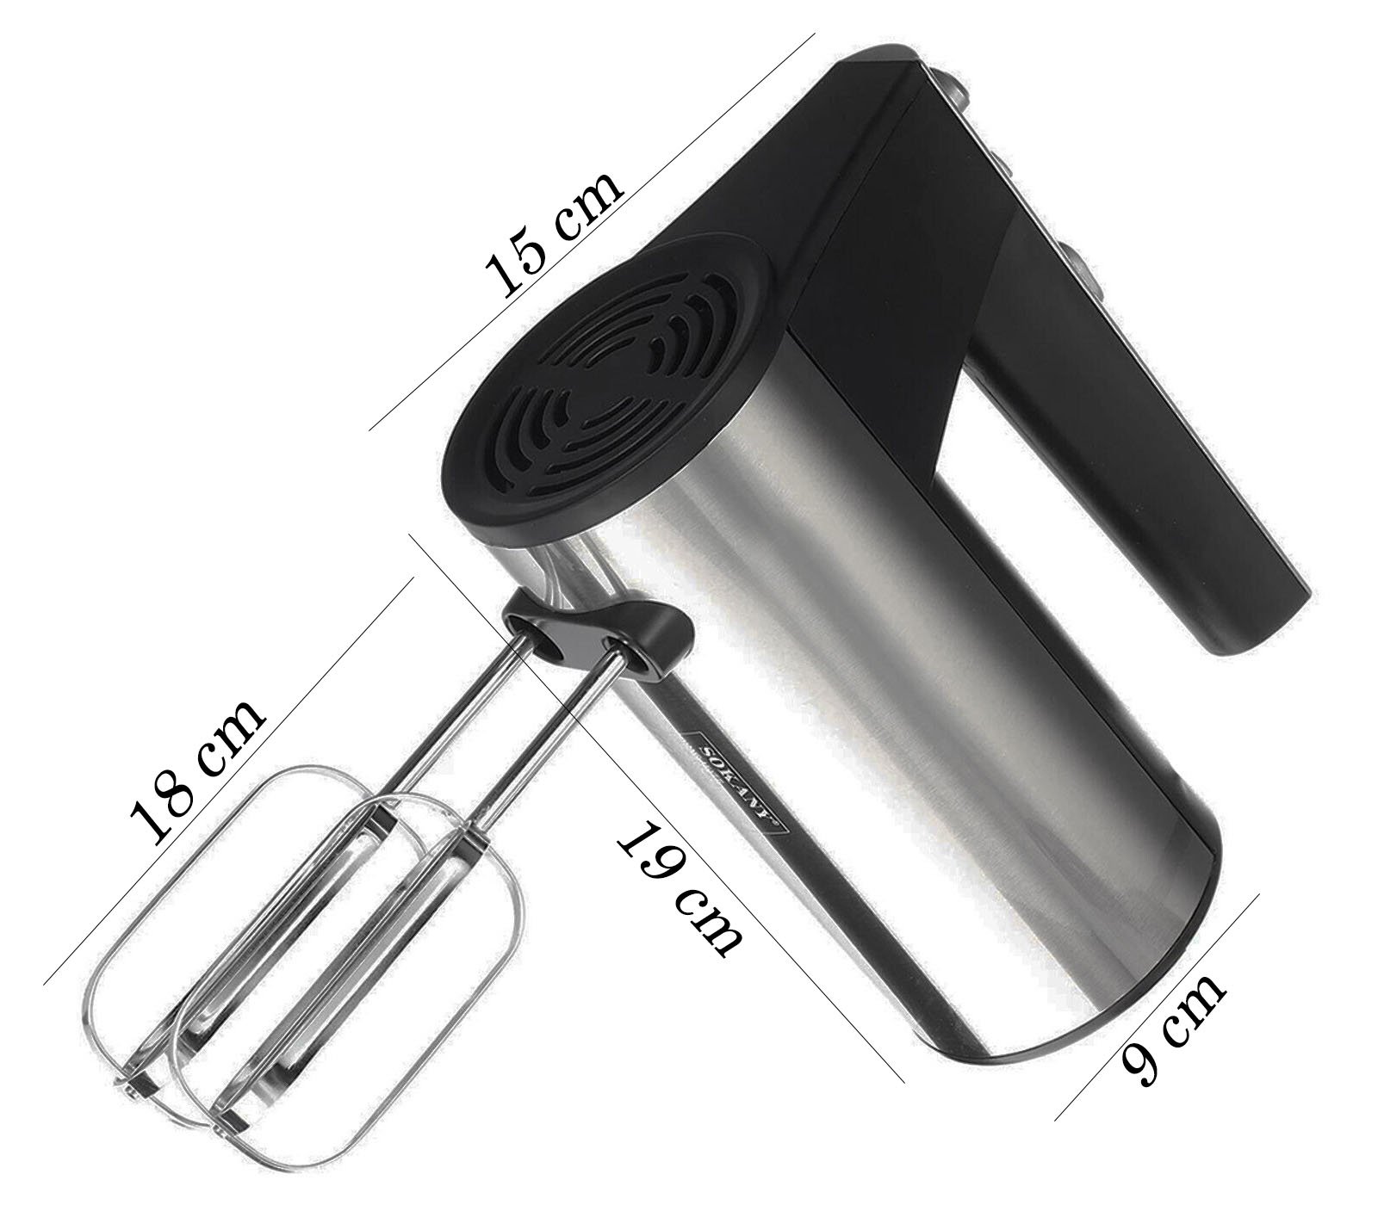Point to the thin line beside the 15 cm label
[x=592, y=232]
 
